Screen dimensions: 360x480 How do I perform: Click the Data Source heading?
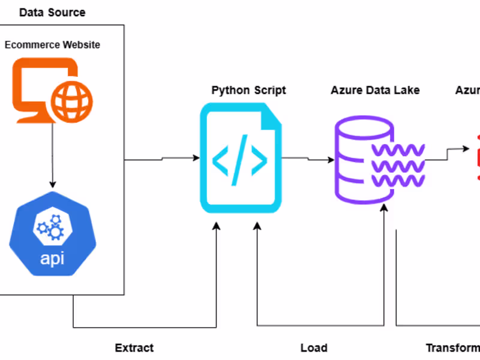click(x=52, y=12)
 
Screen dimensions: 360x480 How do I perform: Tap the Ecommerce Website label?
click(x=52, y=45)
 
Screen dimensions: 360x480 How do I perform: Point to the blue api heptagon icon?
click(x=53, y=235)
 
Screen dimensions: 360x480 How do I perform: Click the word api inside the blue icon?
click(x=53, y=259)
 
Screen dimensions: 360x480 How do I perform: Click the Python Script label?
click(x=248, y=91)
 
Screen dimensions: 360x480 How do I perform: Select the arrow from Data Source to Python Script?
click(x=162, y=159)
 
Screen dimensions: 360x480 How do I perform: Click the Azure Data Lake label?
click(x=375, y=91)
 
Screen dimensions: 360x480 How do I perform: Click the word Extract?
click(x=134, y=347)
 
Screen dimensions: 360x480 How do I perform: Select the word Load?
click(x=314, y=347)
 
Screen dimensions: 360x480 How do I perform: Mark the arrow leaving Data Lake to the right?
click(x=447, y=156)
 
